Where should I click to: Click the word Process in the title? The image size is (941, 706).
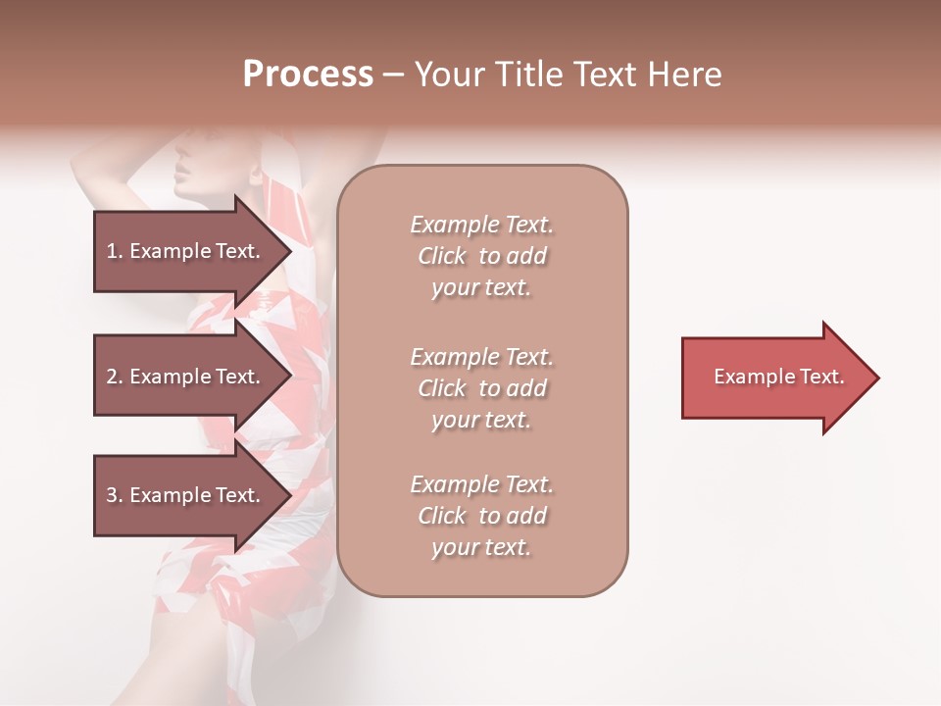click(x=308, y=75)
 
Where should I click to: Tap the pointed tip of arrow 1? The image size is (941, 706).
click(x=288, y=251)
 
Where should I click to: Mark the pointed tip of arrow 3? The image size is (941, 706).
click(x=288, y=495)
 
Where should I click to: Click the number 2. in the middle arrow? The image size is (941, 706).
click(x=115, y=377)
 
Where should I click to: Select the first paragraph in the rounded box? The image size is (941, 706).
click(x=481, y=256)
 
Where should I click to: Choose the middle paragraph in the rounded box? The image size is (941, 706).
click(x=481, y=388)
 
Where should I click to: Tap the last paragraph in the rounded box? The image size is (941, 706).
click(x=481, y=516)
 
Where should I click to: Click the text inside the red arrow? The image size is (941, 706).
click(x=778, y=377)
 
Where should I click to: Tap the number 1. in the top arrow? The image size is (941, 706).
click(x=115, y=251)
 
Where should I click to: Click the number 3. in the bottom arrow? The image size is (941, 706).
click(x=115, y=495)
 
